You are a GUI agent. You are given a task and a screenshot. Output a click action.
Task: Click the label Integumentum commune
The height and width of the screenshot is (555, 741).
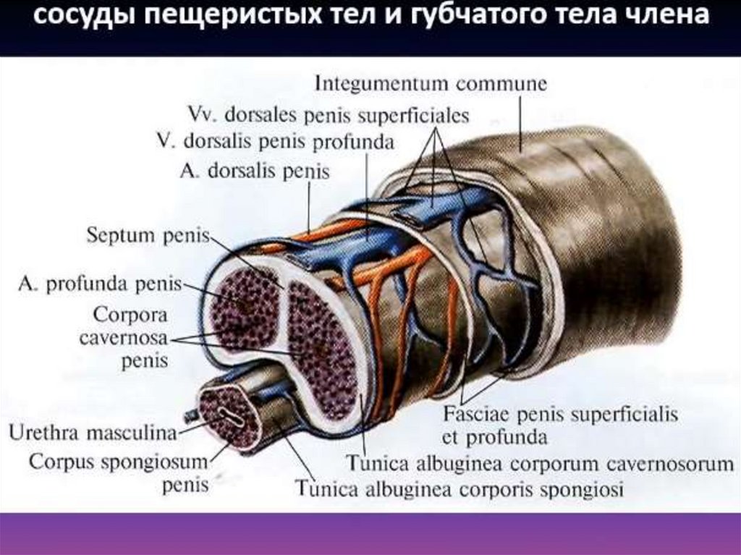[431, 83]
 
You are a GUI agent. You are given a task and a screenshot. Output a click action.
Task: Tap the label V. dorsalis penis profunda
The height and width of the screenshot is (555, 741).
[275, 142]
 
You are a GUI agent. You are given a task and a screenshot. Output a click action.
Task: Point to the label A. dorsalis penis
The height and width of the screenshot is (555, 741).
[253, 172]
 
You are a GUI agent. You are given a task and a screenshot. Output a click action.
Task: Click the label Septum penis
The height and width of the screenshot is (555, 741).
[147, 235]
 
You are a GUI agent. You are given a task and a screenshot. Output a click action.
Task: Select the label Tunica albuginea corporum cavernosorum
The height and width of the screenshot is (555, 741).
[540, 463]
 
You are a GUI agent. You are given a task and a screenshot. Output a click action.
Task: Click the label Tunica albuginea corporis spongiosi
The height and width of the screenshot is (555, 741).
[459, 488]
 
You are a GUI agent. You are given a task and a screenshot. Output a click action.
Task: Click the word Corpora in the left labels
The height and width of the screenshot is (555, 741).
[130, 316]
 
